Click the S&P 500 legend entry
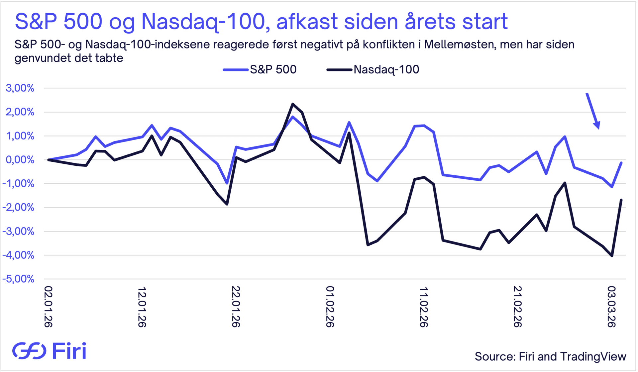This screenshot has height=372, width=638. pos(260,69)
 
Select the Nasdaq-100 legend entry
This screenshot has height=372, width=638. pos(373,69)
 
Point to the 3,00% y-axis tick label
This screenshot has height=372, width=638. pos(20,88)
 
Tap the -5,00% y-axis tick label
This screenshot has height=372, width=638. pos(18,279)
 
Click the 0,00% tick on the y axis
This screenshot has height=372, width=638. pos(20,160)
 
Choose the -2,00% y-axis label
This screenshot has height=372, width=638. pos(18,207)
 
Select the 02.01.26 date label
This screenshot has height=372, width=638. pos(49,307)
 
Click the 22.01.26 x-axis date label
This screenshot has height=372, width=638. pos(236,307)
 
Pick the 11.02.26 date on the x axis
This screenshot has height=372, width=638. pos(424,307)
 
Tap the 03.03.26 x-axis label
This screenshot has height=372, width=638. pos(611,307)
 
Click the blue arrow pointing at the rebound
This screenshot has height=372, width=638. pos(593,111)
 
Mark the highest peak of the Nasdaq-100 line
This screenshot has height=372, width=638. pos(292,104)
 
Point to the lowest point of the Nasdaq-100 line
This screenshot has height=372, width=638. pos(612,256)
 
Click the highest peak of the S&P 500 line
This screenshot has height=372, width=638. pos(292,117)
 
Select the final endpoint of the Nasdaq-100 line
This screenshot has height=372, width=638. pos(621,200)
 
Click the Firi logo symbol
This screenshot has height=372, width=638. pos(29,351)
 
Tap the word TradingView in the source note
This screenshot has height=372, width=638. pos(593,357)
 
